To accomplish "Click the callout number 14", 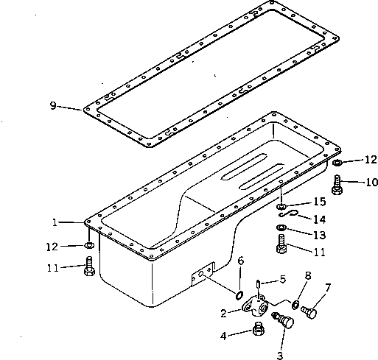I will tap(319, 219).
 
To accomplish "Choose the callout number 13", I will tap(319, 235).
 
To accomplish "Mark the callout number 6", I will tap(240, 261).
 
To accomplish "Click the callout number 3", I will tap(280, 355).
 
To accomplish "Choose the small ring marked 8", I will tap(295, 304).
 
